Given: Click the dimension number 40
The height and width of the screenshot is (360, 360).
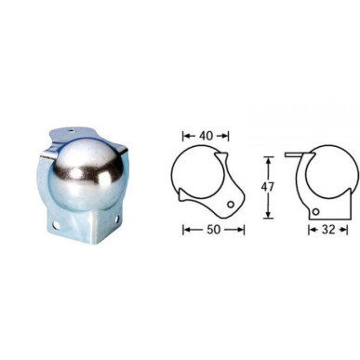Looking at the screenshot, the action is click(x=207, y=136).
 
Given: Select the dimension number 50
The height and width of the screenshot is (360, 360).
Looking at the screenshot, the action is click(x=214, y=230).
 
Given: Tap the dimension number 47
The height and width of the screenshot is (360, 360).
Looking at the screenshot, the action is click(x=269, y=187).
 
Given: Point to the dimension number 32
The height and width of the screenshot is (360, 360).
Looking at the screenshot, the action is click(x=328, y=230).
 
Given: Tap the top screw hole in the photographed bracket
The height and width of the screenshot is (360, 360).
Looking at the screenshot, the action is click(x=72, y=131).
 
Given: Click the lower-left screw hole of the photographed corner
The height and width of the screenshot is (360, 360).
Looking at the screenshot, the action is click(x=56, y=224).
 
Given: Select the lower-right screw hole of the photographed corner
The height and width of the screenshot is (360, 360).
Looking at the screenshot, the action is click(x=116, y=220).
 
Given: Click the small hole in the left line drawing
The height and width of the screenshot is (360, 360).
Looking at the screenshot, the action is click(x=231, y=204).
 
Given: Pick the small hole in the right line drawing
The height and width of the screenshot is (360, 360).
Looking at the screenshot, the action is click(x=315, y=212).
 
